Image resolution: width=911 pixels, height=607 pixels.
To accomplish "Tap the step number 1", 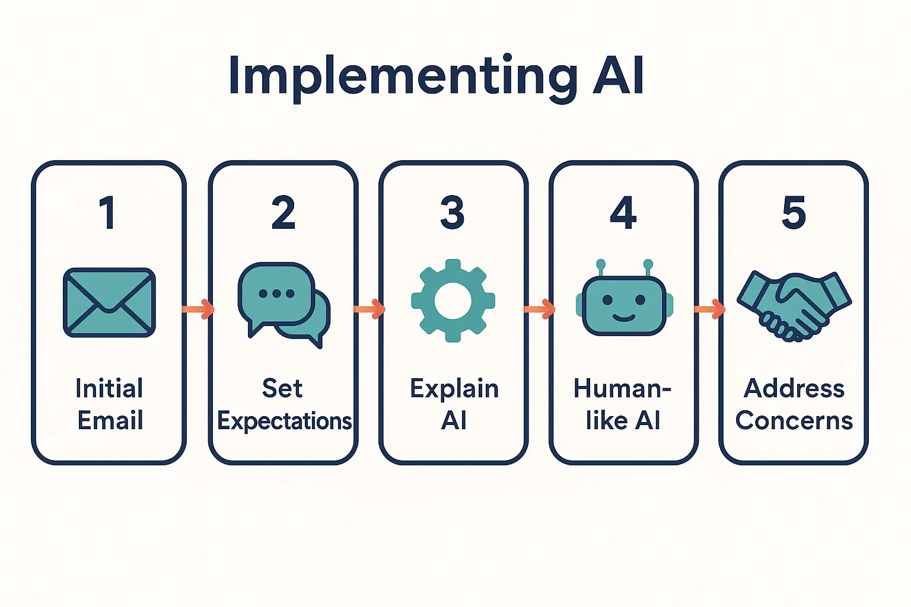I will pos(107,213).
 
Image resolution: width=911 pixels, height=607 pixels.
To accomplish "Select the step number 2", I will pos(283,213).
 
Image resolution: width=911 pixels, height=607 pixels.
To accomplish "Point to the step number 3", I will pos(453,213).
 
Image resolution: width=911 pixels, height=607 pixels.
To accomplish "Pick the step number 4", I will pos(623,213).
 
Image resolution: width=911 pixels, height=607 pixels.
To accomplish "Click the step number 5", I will pos(794,213).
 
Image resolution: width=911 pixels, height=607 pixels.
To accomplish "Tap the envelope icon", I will pos(109,302).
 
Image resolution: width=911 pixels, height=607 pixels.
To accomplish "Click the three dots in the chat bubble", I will pos(276,293).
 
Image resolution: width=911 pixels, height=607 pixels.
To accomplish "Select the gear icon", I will pos(453,301).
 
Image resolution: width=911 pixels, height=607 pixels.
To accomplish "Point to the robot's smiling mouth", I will pos(623,317).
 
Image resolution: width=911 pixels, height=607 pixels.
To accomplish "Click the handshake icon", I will pos(794,305).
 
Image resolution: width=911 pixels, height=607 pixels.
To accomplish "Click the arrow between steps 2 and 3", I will pos(369,309).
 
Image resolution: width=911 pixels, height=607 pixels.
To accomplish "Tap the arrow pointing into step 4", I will pos(539,309).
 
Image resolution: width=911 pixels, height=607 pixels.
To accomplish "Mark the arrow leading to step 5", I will pos(709,309).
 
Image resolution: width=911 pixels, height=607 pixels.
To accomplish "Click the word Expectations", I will pos(285,421).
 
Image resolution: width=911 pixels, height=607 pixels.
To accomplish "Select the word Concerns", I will pos(794,421).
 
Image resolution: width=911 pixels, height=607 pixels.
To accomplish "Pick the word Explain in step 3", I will pos(454,389).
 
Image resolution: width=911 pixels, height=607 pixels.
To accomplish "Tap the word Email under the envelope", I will pos(110,421).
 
